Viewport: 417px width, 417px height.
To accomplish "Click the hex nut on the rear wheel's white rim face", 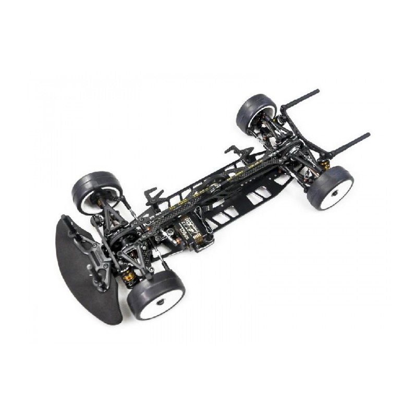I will click(334, 193).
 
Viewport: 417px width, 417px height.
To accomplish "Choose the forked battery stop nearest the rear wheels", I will click(238, 153).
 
